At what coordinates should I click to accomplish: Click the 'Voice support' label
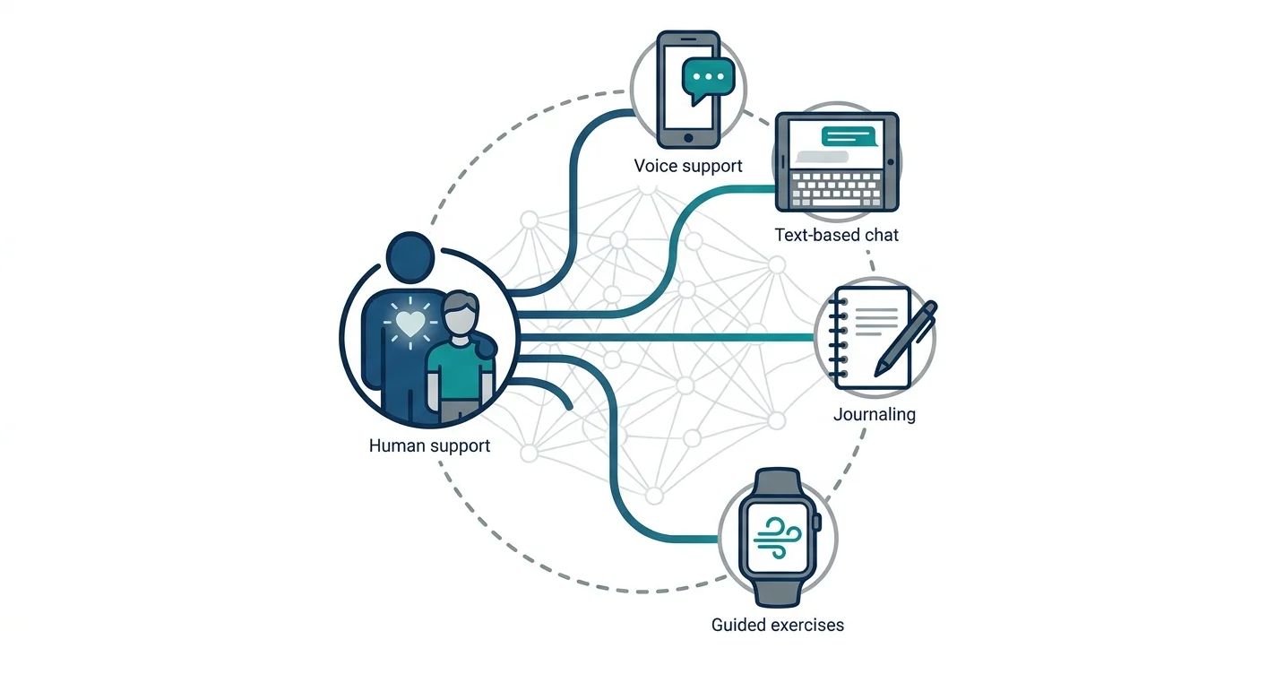(687, 166)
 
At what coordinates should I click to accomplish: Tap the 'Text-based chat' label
(836, 235)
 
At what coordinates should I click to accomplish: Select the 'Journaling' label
(875, 414)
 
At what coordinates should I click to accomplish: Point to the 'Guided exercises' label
(778, 625)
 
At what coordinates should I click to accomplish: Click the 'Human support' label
(429, 445)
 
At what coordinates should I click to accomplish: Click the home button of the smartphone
(688, 138)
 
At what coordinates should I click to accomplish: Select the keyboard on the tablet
(837, 190)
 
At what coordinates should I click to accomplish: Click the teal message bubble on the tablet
(849, 137)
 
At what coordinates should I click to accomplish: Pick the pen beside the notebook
(906, 339)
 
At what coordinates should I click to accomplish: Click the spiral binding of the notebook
(838, 337)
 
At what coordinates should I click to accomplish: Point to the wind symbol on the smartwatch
(778, 537)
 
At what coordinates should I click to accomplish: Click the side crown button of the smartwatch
(817, 522)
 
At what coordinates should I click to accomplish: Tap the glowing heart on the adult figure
(410, 323)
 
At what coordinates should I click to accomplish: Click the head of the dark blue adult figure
(410, 257)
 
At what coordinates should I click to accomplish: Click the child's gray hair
(461, 302)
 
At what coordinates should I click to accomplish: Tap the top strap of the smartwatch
(777, 482)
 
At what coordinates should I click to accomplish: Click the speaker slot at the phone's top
(688, 39)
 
